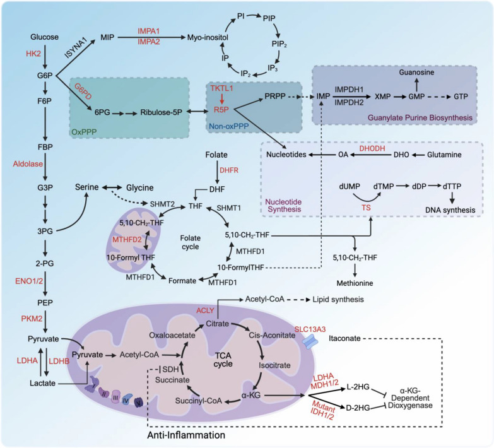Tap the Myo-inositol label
206,37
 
